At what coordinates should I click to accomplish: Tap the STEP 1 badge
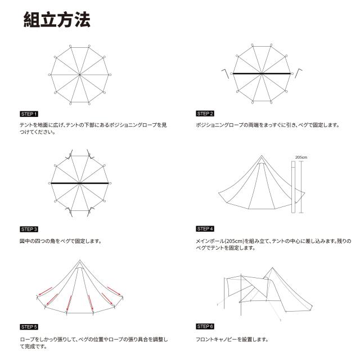(29, 114)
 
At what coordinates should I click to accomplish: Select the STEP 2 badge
(205, 114)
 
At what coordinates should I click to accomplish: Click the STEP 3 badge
(29, 229)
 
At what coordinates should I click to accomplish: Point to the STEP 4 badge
(205, 229)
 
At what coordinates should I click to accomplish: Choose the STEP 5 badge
(29, 327)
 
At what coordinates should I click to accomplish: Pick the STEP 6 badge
(205, 327)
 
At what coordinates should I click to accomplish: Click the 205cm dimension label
(301, 157)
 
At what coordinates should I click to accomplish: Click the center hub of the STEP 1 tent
(80, 74)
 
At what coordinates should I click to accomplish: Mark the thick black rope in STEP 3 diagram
(80, 183)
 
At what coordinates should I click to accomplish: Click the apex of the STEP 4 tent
(261, 156)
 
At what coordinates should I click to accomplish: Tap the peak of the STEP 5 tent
(80, 260)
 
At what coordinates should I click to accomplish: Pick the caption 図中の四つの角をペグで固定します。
(60, 241)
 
